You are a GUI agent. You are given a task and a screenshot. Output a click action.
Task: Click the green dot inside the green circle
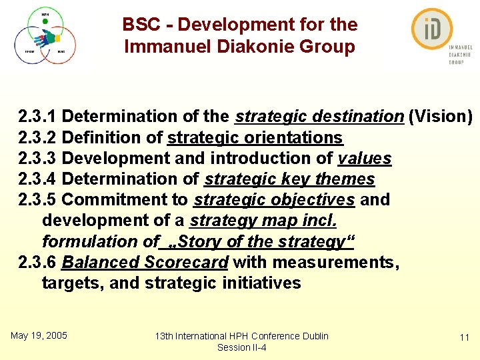coord(45,21)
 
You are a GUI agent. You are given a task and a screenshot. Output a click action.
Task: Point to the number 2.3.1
coord(37,117)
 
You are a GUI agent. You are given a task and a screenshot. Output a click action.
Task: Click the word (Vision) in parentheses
coord(441,117)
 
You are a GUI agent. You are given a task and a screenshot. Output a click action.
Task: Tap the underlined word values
coord(365,159)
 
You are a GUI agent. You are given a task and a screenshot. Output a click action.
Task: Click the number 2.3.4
coord(37,179)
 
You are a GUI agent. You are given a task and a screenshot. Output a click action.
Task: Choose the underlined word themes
coord(345,179)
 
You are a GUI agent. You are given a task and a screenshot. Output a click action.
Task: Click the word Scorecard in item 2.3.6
coord(186,263)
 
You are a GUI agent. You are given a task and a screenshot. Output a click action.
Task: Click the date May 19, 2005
coord(39,335)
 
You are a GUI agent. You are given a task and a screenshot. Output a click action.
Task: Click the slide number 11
coord(465,338)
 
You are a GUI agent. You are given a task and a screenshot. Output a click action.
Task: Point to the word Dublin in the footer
coord(313,336)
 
